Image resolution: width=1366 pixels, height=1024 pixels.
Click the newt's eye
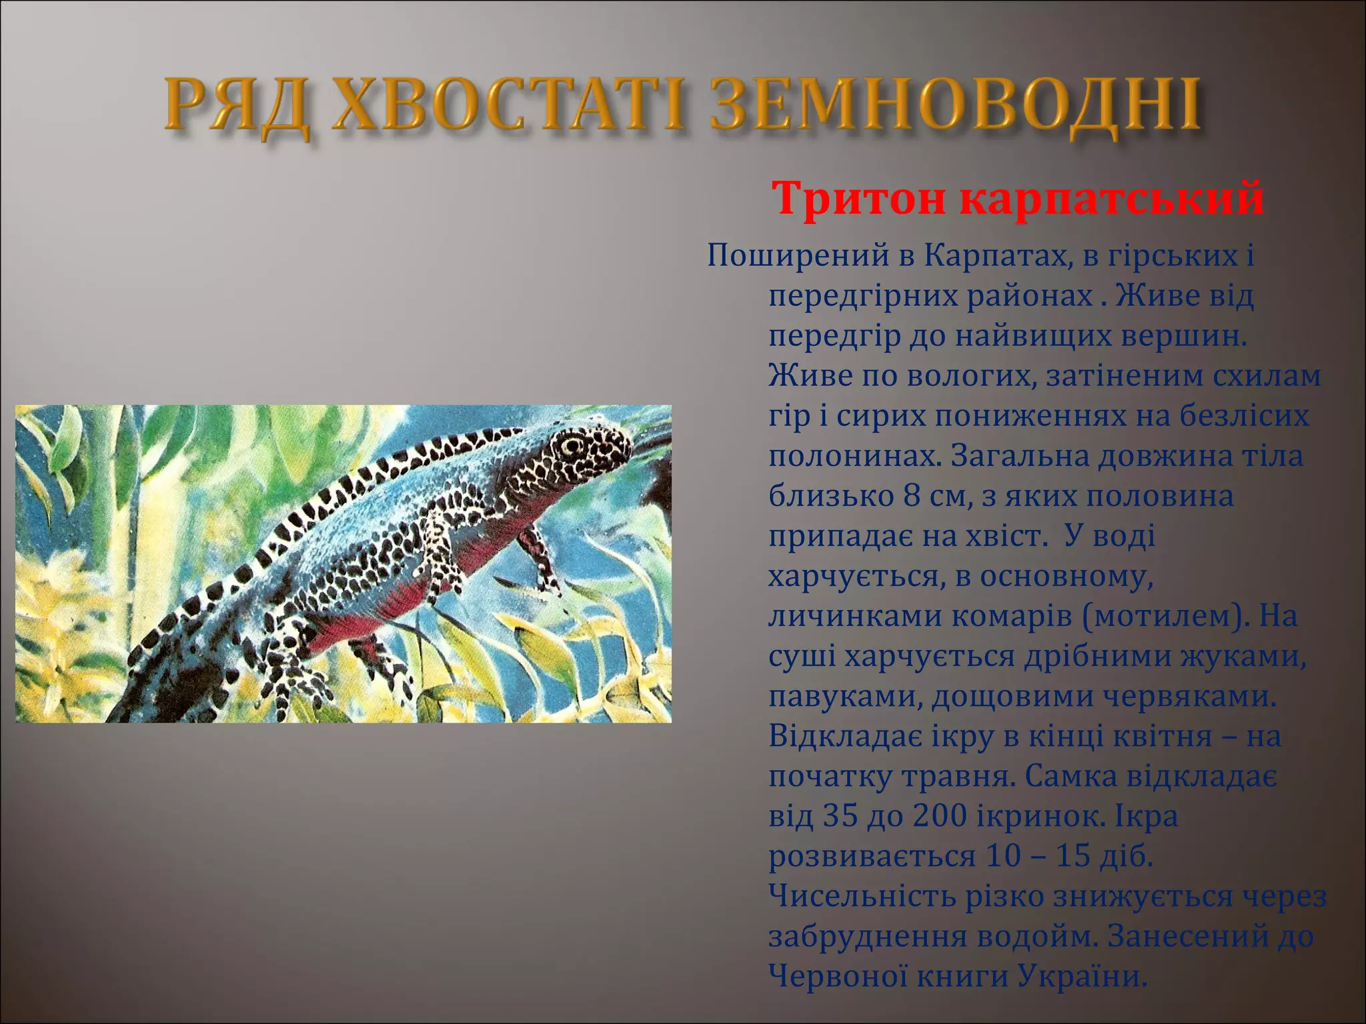(x=572, y=445)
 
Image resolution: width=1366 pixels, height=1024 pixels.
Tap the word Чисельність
(x=861, y=897)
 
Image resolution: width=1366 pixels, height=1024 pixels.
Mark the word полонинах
(x=854, y=457)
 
